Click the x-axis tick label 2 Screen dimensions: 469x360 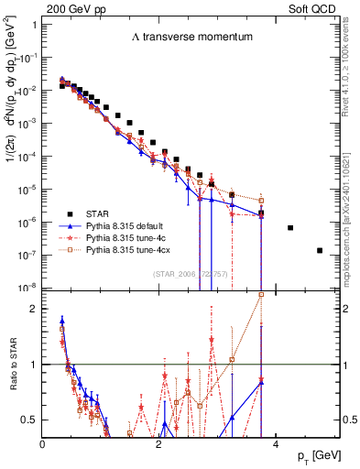click(x=159, y=444)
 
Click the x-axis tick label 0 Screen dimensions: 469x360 click(x=43, y=444)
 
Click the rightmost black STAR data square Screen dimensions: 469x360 click(x=320, y=250)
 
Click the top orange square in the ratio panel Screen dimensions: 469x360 click(x=262, y=294)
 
